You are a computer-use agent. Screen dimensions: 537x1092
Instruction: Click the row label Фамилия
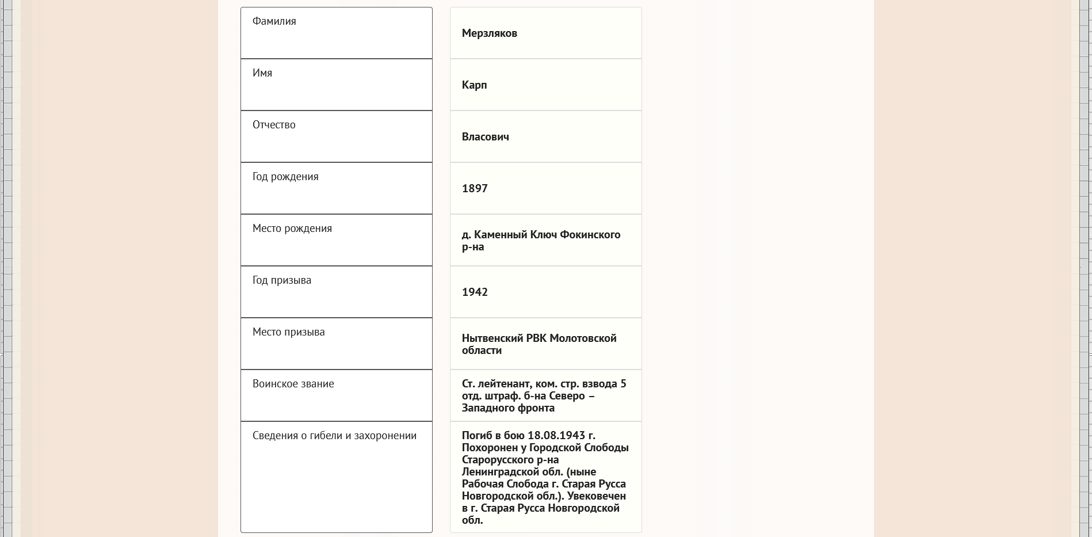point(274,21)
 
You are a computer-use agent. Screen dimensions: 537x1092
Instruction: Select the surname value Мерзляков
point(489,33)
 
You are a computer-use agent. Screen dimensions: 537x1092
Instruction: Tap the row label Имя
point(262,73)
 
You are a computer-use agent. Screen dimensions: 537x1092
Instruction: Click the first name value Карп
point(474,85)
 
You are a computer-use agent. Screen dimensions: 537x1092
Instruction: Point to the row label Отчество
point(274,125)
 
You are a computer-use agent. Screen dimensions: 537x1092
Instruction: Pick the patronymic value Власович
point(485,137)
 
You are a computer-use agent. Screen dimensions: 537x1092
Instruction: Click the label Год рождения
point(285,177)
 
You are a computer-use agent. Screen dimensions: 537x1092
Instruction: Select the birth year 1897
point(475,189)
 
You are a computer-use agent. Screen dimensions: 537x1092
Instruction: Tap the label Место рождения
point(292,228)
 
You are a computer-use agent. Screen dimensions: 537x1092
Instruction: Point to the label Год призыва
point(281,280)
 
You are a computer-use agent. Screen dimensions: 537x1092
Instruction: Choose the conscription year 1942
point(475,292)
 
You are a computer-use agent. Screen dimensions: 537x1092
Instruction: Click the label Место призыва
point(288,332)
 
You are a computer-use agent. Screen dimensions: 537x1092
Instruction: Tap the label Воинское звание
point(293,384)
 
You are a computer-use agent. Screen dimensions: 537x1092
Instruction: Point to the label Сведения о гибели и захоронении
point(334,436)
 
